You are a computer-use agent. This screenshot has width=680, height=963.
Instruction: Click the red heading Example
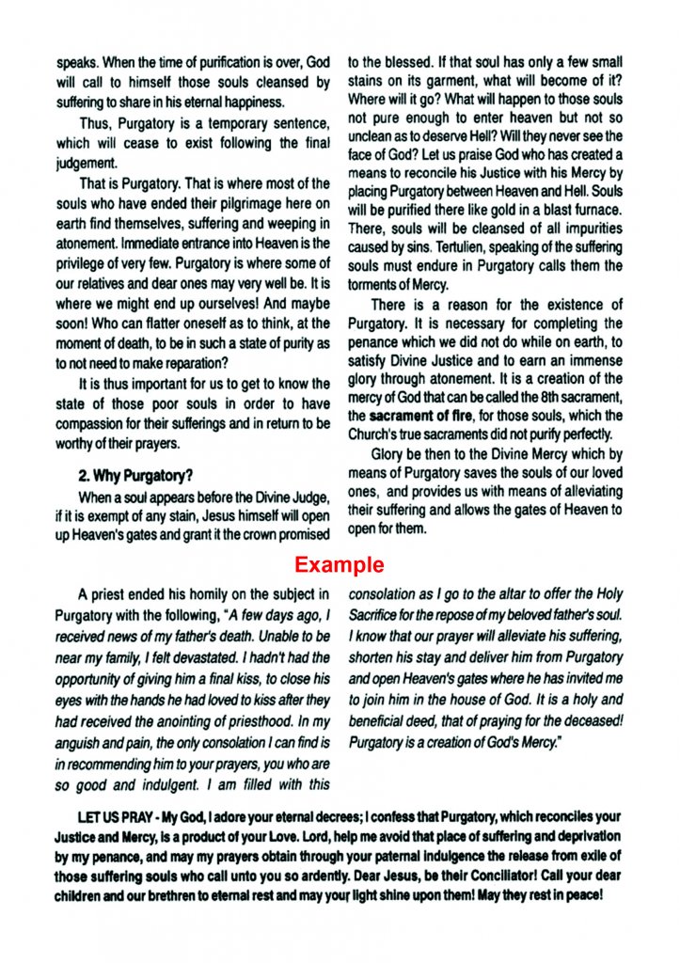tap(339, 564)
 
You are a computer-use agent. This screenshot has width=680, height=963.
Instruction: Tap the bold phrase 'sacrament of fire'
tap(415, 415)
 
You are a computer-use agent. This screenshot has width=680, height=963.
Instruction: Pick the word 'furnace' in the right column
tap(597, 213)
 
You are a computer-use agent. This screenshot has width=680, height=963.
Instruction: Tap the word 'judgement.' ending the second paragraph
tap(87, 162)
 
